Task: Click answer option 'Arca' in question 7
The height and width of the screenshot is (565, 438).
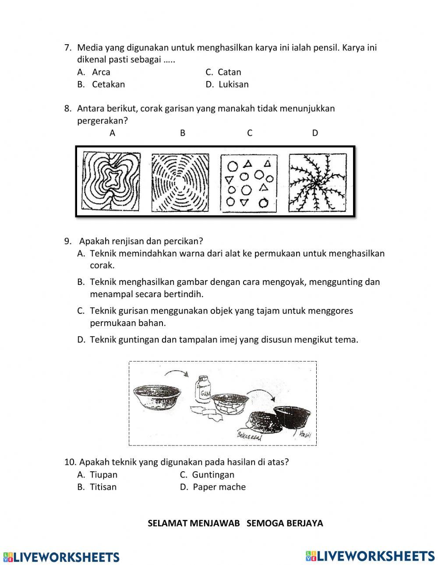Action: point(101,72)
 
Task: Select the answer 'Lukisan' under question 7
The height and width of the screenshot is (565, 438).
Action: point(233,84)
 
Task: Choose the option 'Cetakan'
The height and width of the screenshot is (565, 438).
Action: point(108,84)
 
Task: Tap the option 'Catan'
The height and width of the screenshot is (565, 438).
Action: point(229,72)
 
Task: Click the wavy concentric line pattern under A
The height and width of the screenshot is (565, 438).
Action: point(111,181)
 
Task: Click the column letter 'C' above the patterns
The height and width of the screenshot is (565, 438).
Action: point(250,133)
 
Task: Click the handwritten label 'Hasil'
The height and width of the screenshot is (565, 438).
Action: point(305,434)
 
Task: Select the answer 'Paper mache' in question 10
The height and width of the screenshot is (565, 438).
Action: point(219,487)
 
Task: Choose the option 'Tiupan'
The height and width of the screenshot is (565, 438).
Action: point(103,475)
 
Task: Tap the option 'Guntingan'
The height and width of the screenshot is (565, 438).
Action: point(213,475)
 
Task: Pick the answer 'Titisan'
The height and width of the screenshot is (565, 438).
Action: point(103,487)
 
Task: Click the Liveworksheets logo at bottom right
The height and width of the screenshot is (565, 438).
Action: point(370,556)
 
